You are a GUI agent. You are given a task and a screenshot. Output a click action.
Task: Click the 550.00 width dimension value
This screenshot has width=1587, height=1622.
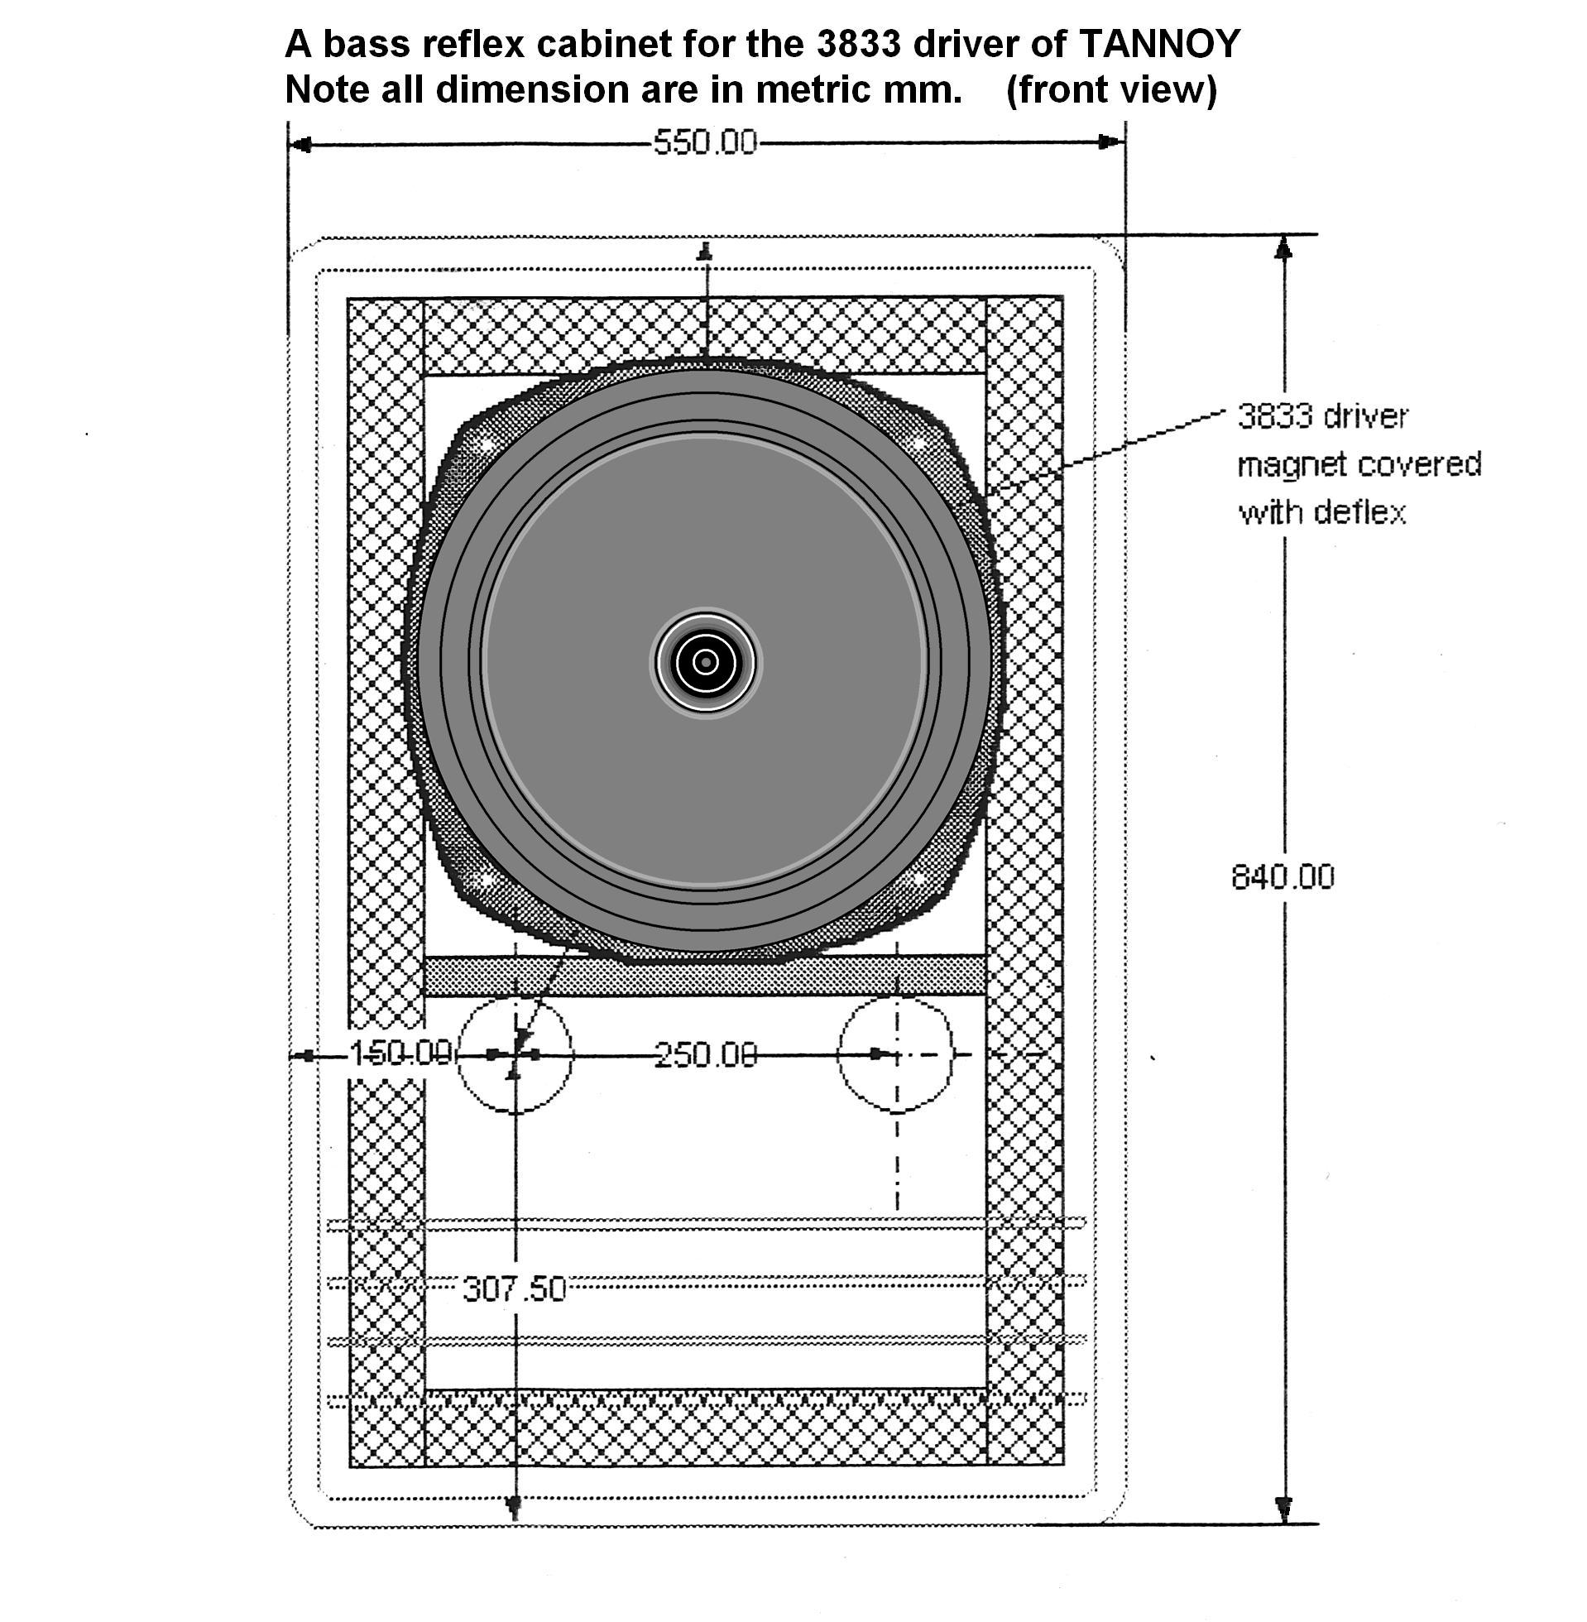point(704,143)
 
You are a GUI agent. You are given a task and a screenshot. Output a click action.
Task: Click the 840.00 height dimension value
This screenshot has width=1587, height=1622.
point(1282,877)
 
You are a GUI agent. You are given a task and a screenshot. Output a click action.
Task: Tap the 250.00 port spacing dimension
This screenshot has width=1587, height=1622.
point(706,1055)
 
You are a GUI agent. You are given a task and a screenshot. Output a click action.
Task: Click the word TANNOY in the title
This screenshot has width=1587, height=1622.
point(1159,43)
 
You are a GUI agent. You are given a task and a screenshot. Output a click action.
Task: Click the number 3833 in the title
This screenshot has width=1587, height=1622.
point(858,43)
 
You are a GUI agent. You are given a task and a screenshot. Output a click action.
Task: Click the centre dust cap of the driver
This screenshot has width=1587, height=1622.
point(706,662)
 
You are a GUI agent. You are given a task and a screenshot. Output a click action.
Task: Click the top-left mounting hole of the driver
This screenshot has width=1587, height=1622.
point(484,444)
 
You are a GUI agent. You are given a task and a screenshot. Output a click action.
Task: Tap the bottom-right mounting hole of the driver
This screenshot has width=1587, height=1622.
point(918,877)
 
